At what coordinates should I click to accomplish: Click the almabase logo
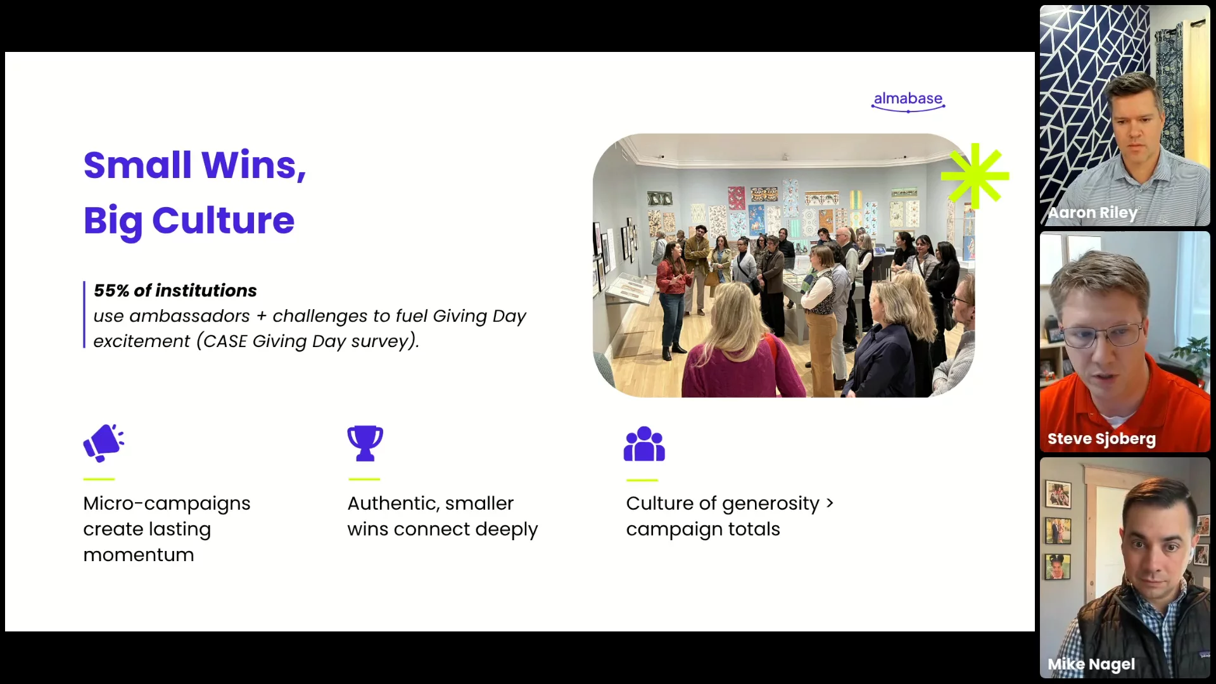908,101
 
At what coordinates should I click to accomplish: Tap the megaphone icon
103,443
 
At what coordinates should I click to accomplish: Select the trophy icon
365,443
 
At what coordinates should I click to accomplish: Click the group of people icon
644,443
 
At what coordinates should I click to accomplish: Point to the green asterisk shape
975,176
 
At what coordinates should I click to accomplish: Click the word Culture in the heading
223,220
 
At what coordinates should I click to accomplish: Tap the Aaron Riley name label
1092,213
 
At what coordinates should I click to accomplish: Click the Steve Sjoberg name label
1101,439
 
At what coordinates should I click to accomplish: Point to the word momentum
139,555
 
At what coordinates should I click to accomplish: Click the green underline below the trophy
364,479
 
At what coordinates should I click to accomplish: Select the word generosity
771,504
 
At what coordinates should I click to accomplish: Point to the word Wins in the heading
253,165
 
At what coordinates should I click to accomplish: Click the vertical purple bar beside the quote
84,315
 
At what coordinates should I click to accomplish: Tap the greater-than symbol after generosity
830,503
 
